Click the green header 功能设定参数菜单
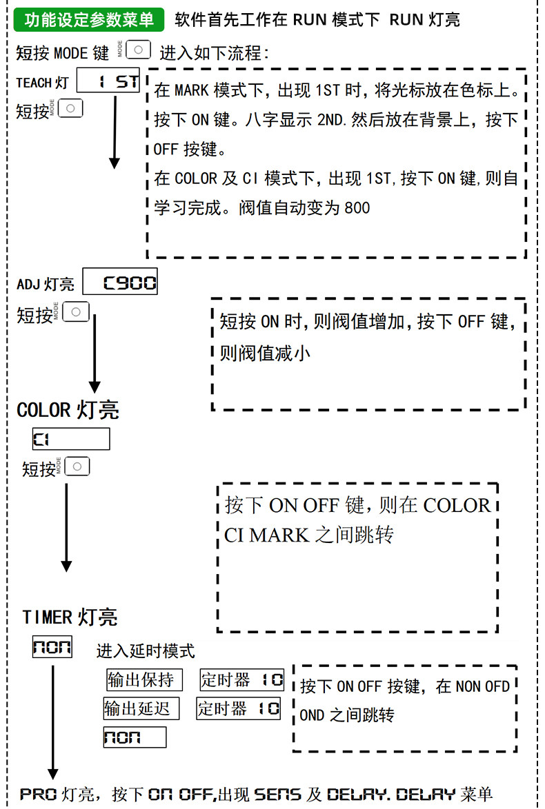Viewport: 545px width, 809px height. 88,19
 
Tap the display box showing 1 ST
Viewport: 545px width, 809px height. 108,81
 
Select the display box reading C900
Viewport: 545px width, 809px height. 120,282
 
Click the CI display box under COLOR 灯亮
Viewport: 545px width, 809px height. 71,439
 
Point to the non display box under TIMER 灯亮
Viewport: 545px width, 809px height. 52,646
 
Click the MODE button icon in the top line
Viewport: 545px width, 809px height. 138,50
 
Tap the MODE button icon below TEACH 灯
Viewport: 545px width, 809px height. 70,108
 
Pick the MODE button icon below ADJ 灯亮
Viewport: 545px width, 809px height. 76,311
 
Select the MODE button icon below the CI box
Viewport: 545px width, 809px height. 77,467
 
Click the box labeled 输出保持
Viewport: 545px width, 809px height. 144,679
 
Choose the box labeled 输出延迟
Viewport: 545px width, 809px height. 141,708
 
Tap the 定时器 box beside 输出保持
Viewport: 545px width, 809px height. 241,679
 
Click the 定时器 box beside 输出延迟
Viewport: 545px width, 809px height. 238,708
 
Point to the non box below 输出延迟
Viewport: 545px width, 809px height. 135,737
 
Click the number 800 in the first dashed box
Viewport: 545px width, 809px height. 357,208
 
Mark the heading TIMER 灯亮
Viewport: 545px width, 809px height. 70,617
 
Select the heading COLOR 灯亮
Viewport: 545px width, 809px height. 68,410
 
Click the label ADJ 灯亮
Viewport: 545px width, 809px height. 46,285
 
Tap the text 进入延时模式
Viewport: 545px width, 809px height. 146,651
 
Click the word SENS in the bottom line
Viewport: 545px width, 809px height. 277,794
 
